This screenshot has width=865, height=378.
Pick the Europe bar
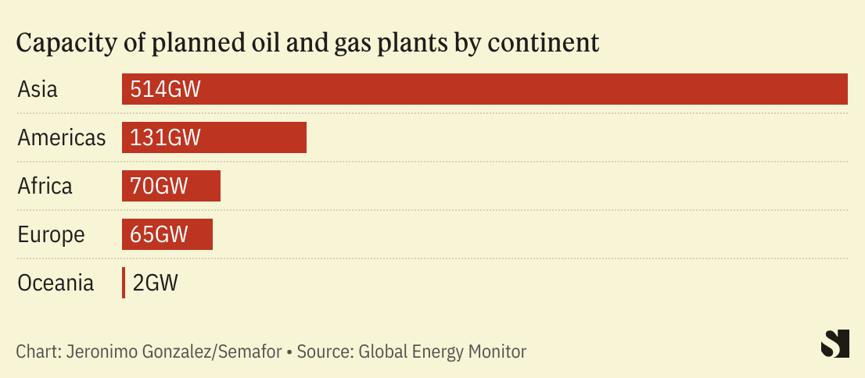pyautogui.click(x=200, y=234)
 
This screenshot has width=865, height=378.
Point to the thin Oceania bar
pyautogui.click(x=124, y=283)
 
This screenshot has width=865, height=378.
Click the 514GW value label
pyautogui.click(x=166, y=89)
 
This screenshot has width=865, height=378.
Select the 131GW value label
pyautogui.click(x=166, y=137)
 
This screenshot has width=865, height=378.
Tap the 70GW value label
pyautogui.click(x=160, y=186)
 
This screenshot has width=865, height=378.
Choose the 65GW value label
pyautogui.click(x=160, y=234)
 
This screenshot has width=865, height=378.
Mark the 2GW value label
pyautogui.click(x=156, y=283)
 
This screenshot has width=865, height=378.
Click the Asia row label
pyautogui.click(x=38, y=89)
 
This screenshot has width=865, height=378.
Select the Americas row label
pyautogui.click(x=62, y=137)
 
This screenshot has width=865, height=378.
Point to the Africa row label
pyautogui.click(x=45, y=186)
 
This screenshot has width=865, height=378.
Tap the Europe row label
pyautogui.click(x=51, y=234)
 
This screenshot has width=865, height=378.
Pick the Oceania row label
pyautogui.click(x=56, y=283)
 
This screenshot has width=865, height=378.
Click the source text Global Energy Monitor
pyautogui.click(x=443, y=351)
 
